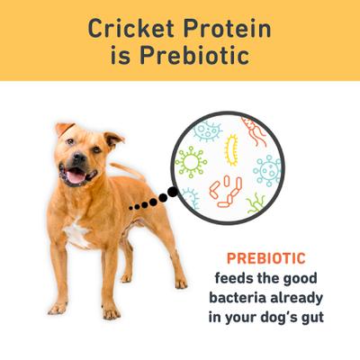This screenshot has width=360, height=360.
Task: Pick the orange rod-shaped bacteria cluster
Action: click(x=226, y=191)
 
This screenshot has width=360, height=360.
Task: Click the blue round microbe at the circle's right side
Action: click(x=267, y=169)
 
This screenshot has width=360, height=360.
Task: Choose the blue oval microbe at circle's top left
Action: click(x=210, y=132)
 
